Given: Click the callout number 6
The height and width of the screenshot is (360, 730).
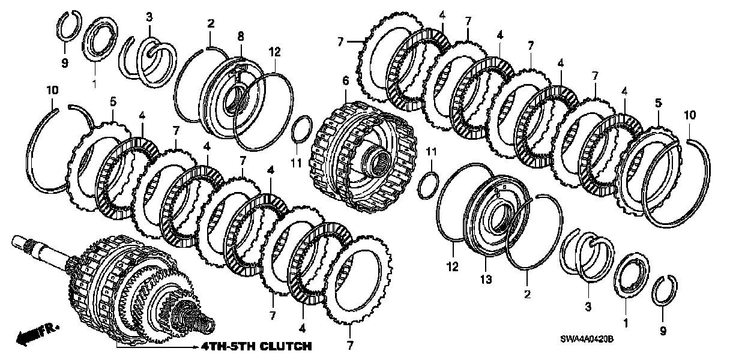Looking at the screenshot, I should click(x=345, y=80).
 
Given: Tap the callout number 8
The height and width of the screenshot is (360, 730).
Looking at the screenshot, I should click(x=240, y=36).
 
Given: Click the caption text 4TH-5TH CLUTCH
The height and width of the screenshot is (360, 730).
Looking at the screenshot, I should click(x=256, y=346).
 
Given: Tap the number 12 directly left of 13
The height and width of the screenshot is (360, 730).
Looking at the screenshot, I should click(x=452, y=266).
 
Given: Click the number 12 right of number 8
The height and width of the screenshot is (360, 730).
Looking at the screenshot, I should click(x=274, y=52).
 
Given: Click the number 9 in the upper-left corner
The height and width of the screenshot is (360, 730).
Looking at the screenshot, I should click(x=65, y=62).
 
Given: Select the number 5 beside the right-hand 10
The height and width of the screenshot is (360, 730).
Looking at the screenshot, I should click(x=659, y=103).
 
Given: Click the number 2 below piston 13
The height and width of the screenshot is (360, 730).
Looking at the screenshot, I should click(x=526, y=294).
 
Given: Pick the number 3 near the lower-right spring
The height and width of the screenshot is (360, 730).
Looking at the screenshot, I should click(x=588, y=307).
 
